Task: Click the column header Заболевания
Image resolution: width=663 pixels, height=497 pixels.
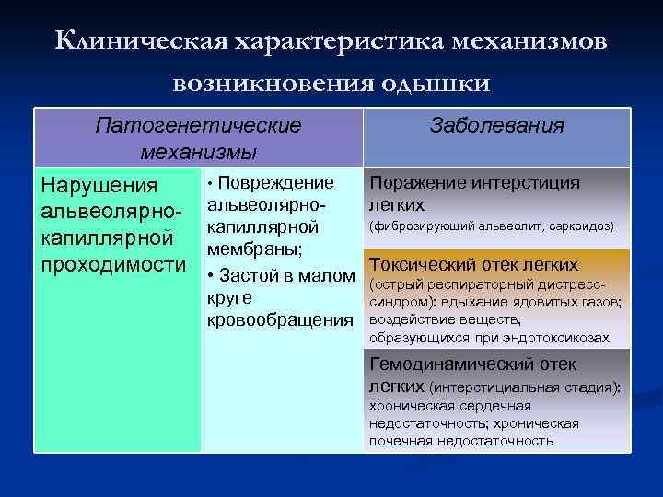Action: point(497,125)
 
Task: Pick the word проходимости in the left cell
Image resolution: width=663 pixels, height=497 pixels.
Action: point(113,264)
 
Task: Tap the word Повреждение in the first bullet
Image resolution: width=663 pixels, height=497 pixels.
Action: point(278,182)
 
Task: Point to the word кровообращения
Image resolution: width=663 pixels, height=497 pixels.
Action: point(280,318)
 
